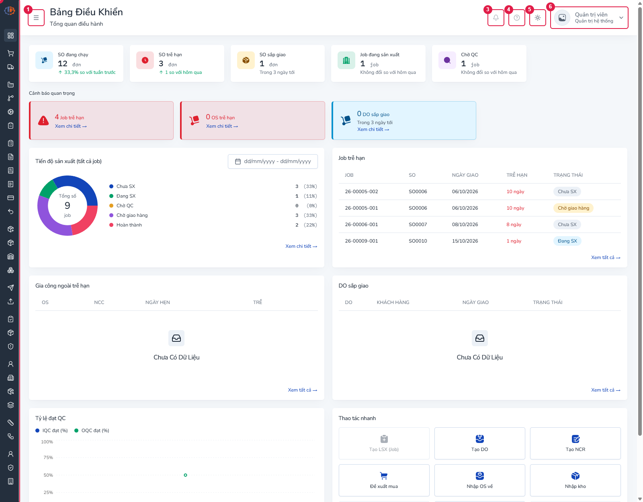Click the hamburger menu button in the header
pyautogui.click(x=36, y=18)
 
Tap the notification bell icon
pyautogui.click(x=496, y=18)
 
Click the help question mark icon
pyautogui.click(x=517, y=18)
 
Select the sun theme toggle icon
pyautogui.click(x=538, y=18)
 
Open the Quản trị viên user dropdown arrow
pyautogui.click(x=621, y=18)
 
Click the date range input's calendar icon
pyautogui.click(x=238, y=161)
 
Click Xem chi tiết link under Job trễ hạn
pyautogui.click(x=71, y=126)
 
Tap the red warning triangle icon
pyautogui.click(x=43, y=120)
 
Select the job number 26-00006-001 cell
pyautogui.click(x=361, y=224)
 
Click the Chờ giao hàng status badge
pyautogui.click(x=573, y=208)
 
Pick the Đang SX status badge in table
pyautogui.click(x=567, y=241)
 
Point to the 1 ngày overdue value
pyautogui.click(x=514, y=241)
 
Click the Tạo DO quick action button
pyautogui.click(x=479, y=443)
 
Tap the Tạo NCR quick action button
pyautogui.click(x=575, y=443)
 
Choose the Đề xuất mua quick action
pyautogui.click(x=384, y=480)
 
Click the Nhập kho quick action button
pyautogui.click(x=575, y=480)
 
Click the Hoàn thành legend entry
pyautogui.click(x=125, y=225)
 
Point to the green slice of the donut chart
pyautogui.click(x=48, y=189)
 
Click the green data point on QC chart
pyautogui.click(x=185, y=475)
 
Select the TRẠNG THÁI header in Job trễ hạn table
pyautogui.click(x=568, y=175)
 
